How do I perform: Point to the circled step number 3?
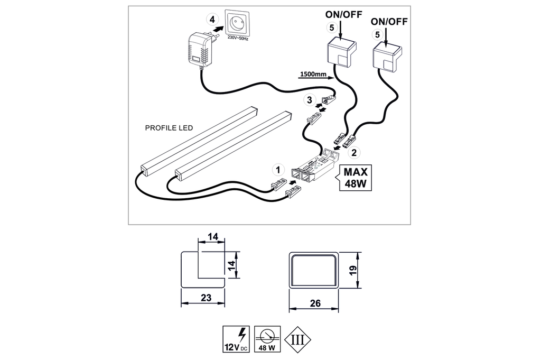pos(310,98)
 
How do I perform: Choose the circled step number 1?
pos(276,170)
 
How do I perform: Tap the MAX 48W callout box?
pos(356,179)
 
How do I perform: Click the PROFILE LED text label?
pos(169,128)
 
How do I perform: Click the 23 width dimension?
pos(206,298)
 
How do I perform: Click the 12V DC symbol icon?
pos(236,339)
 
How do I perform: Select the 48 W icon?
pos(267,339)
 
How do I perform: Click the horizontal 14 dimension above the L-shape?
pos(213,237)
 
